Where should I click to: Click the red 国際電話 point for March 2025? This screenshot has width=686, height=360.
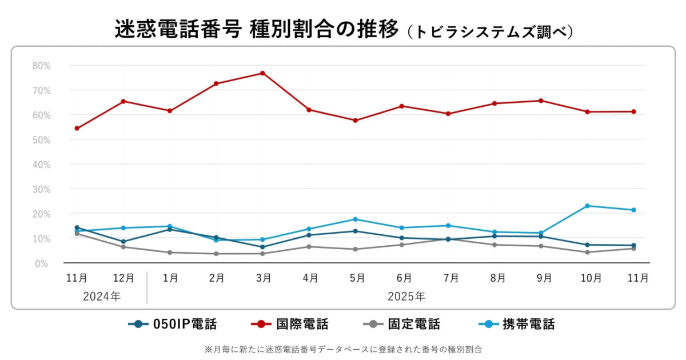pyautogui.click(x=262, y=73)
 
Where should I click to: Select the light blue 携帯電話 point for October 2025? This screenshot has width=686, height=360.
pyautogui.click(x=587, y=206)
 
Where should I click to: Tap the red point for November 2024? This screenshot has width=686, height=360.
pyautogui.click(x=77, y=129)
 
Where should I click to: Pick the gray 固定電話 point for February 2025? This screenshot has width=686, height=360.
pyautogui.click(x=216, y=254)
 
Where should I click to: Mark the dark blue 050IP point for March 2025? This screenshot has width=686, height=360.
pyautogui.click(x=262, y=247)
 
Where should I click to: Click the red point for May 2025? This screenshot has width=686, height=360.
pyautogui.click(x=355, y=121)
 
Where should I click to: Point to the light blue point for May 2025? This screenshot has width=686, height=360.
pyautogui.click(x=355, y=219)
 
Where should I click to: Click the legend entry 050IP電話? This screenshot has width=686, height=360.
pyautogui.click(x=173, y=325)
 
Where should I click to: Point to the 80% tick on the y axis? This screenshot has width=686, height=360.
pyautogui.click(x=41, y=66)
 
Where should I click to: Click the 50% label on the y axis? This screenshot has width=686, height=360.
pyautogui.click(x=41, y=140)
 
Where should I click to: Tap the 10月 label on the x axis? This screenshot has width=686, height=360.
pyautogui.click(x=591, y=278)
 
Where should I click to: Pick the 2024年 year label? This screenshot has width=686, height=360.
pyautogui.click(x=102, y=297)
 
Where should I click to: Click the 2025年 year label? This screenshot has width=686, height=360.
pyautogui.click(x=406, y=297)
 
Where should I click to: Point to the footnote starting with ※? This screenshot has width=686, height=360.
pyautogui.click(x=343, y=349)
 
